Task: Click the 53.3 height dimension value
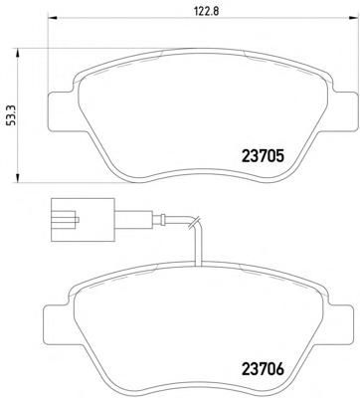tap(11, 117)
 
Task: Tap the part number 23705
tap(264, 156)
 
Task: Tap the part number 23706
tap(264, 369)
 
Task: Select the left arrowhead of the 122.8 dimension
tap(54, 18)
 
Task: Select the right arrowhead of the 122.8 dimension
tap(351, 18)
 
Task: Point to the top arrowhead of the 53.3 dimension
tap(17, 54)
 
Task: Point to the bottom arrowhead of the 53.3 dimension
tap(17, 177)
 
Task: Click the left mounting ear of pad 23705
tap(63, 110)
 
